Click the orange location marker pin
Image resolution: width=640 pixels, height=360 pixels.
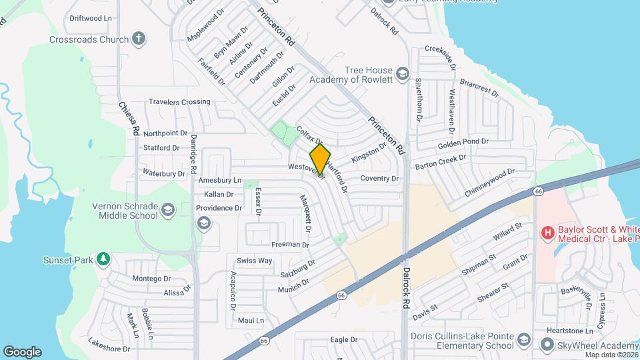coord(320,160)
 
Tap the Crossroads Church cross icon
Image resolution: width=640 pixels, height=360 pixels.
coord(138,39)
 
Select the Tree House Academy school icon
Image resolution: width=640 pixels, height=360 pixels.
coord(402,73)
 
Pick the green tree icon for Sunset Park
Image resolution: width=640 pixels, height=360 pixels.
coord(103,259)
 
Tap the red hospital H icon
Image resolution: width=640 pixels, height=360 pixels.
coord(547,233)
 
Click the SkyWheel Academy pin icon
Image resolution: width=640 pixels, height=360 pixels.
coord(547,345)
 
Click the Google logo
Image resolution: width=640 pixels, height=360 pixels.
coord(22,351)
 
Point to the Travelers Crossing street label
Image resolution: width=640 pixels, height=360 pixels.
coord(179,102)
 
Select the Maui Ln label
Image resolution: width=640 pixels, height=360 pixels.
coord(251,321)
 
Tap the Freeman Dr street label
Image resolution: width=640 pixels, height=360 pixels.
coord(291,245)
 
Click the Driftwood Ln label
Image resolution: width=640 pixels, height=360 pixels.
coord(89,18)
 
